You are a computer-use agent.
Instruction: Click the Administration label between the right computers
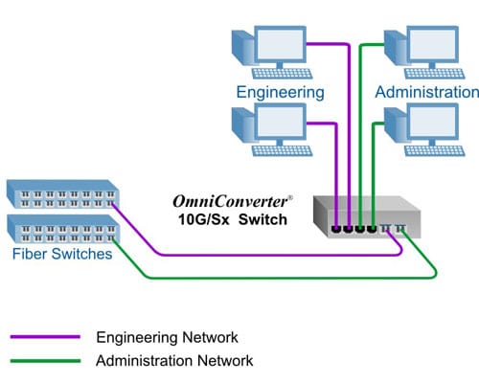click(426, 92)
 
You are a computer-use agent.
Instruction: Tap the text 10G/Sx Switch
click(227, 220)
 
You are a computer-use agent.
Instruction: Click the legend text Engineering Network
click(167, 337)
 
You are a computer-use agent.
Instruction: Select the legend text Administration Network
click(174, 361)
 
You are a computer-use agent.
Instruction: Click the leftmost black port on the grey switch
click(336, 229)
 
